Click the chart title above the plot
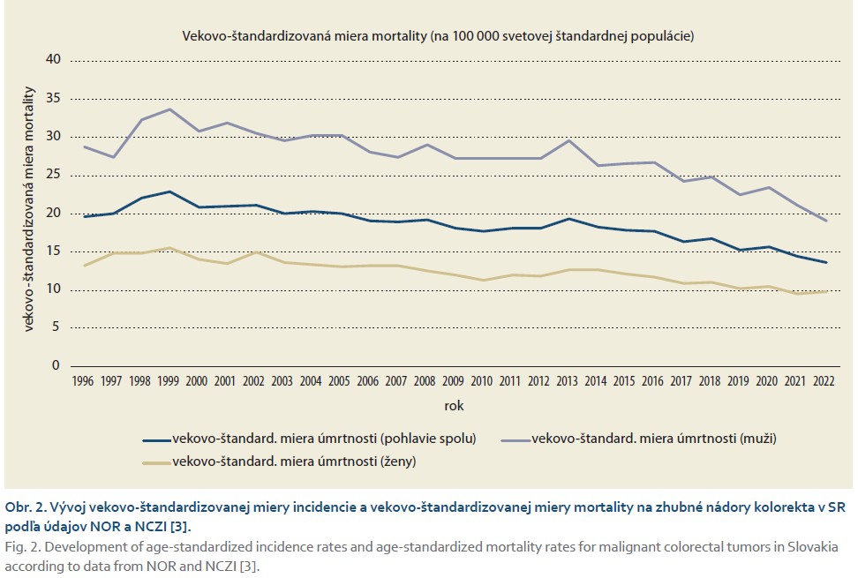(x=438, y=37)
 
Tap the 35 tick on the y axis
(x=54, y=98)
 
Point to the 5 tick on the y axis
(x=57, y=327)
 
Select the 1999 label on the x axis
(x=169, y=380)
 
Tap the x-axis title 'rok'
(x=454, y=407)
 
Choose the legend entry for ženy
(x=294, y=462)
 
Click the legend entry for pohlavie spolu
(x=324, y=438)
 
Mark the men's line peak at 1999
(x=169, y=109)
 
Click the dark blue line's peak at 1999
(x=169, y=191)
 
